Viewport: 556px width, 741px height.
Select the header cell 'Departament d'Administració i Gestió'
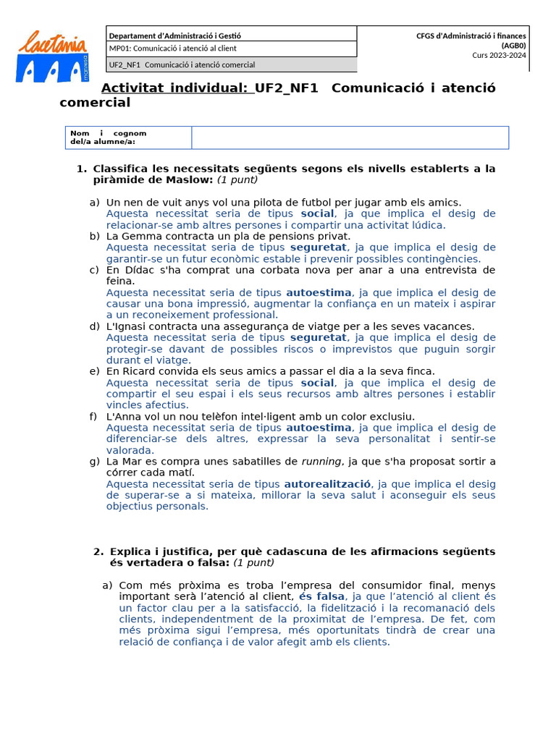tap(174, 35)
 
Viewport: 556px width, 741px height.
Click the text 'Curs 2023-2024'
tap(499, 54)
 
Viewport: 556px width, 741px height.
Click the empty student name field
tap(350, 137)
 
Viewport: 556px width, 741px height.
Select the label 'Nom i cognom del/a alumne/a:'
tap(109, 137)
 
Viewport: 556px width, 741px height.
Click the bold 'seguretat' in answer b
tap(319, 247)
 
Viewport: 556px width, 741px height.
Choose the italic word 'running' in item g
tap(321, 462)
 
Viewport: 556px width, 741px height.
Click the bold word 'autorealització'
tap(327, 484)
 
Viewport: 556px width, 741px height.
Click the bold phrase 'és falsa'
tap(322, 596)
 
